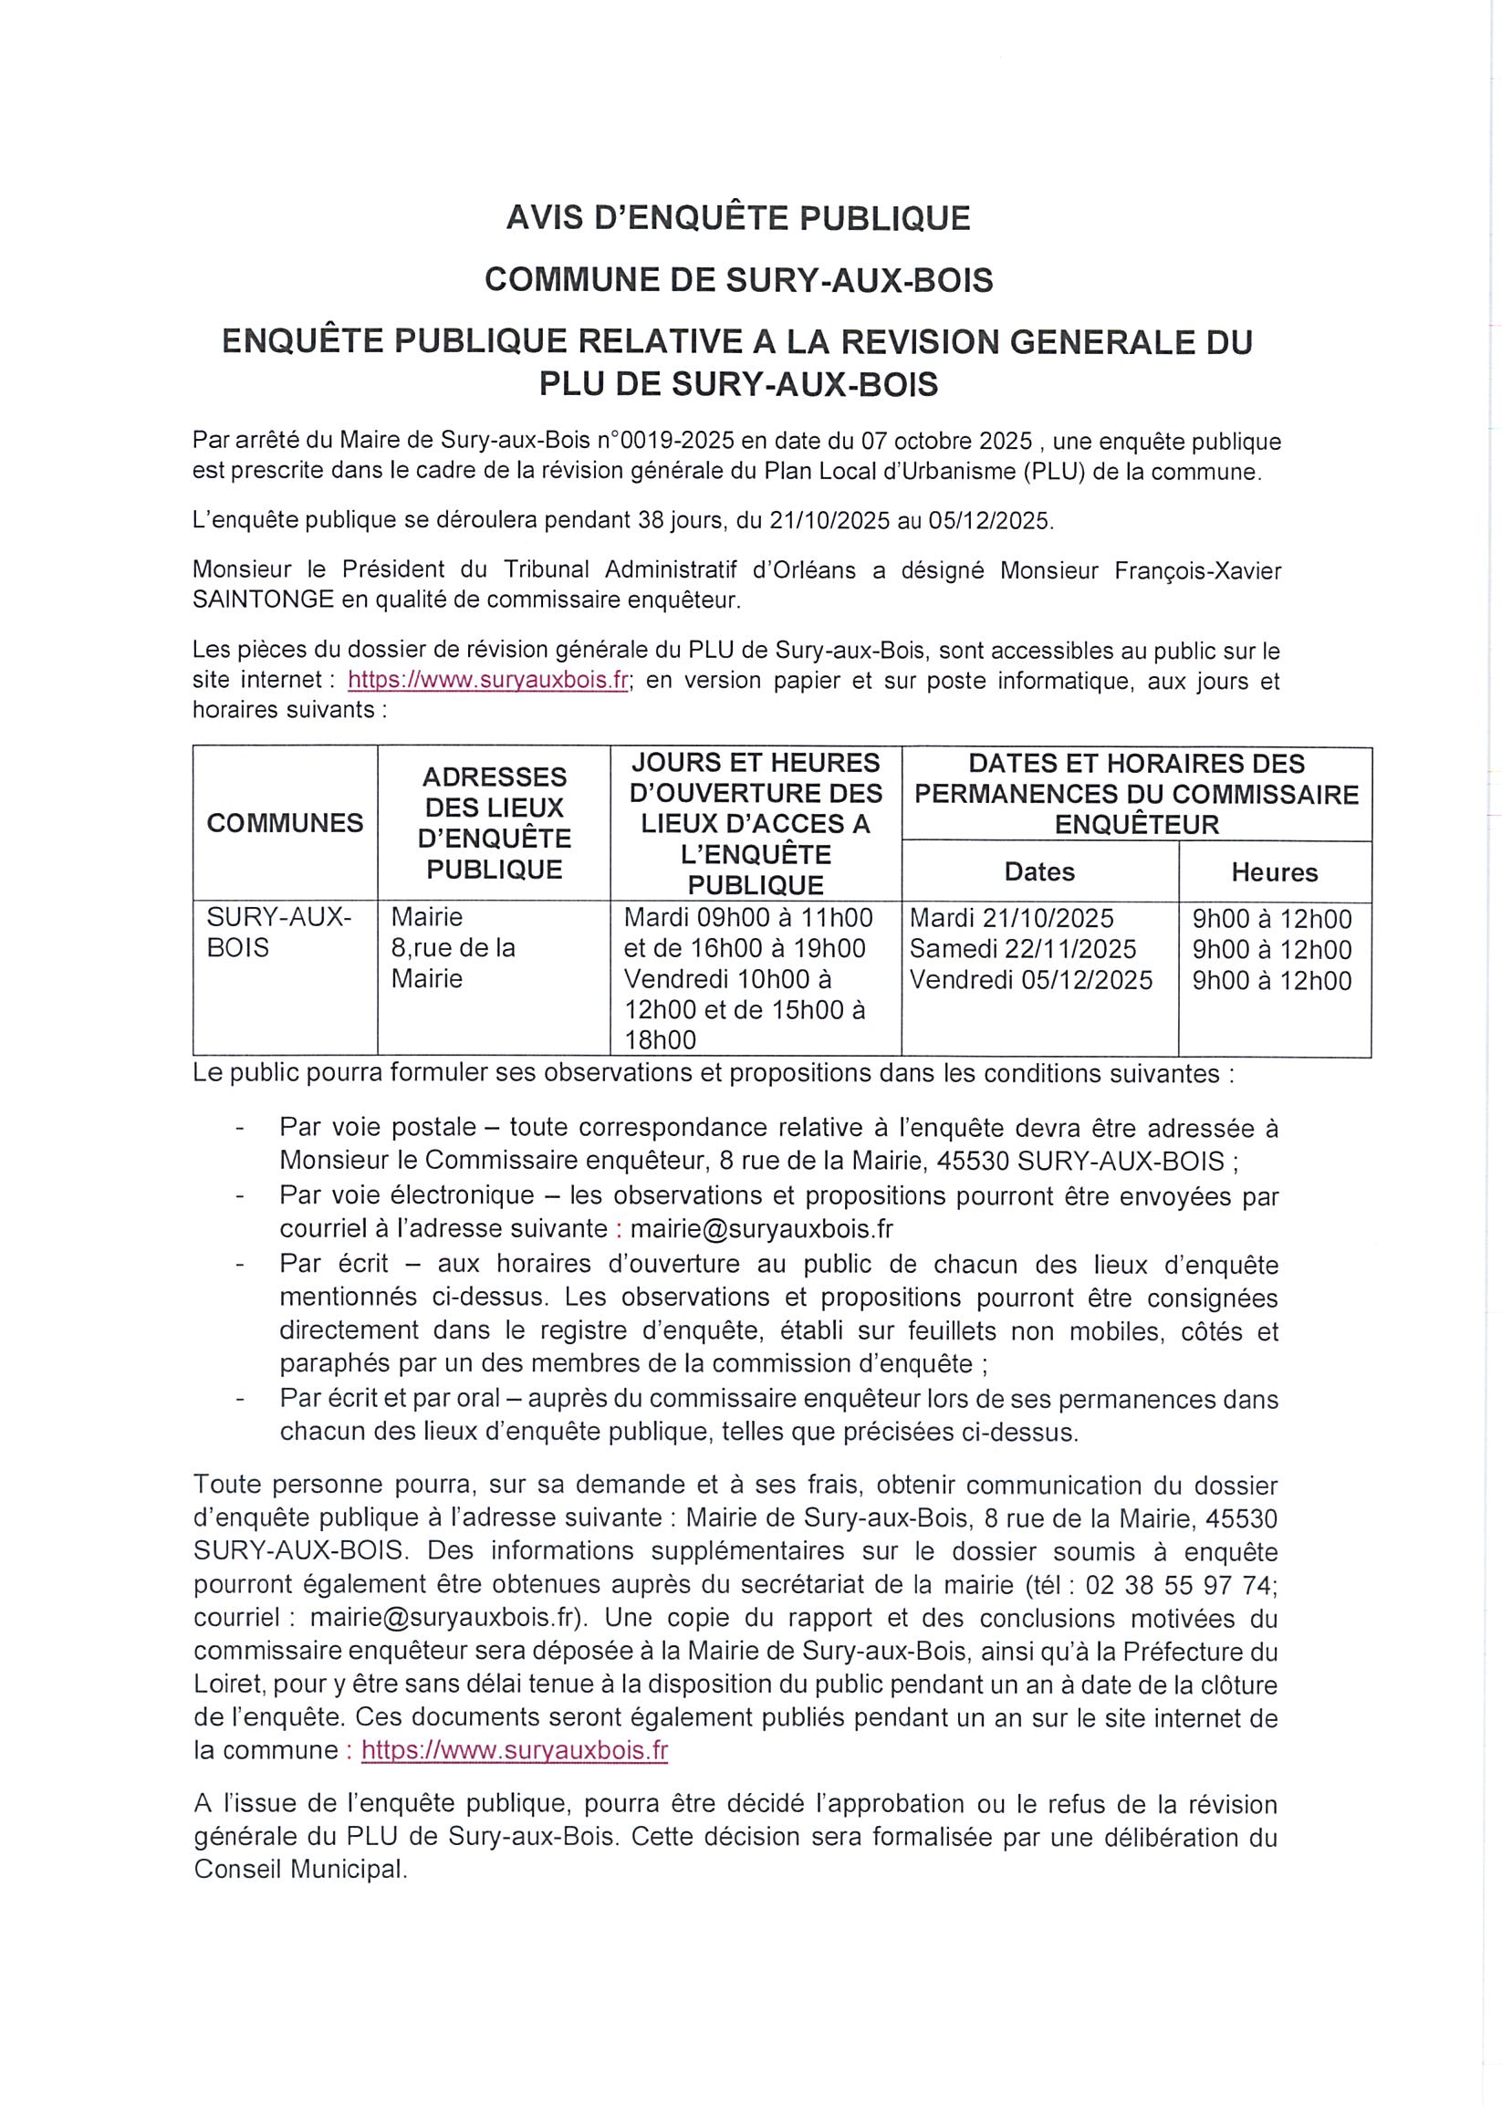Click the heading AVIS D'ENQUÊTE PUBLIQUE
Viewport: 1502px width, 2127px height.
coord(737,218)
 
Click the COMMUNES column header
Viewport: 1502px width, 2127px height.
coord(285,823)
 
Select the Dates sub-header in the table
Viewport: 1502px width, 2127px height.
coord(1038,871)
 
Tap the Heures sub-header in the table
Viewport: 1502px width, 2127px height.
coord(1274,871)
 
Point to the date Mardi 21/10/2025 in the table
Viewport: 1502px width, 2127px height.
coord(1011,918)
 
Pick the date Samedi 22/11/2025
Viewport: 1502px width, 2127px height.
coord(1022,949)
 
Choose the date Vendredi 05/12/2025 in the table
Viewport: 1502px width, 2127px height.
coord(1030,980)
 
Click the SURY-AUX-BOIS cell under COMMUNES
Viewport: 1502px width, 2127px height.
coord(278,932)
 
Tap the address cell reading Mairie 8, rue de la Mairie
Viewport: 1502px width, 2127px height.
coord(454,948)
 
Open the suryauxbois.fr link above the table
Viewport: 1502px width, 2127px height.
coord(488,680)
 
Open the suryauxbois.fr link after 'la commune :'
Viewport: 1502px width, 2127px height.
coord(515,1750)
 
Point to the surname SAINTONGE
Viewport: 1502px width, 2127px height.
coord(263,600)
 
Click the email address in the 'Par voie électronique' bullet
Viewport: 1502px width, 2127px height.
coord(761,1228)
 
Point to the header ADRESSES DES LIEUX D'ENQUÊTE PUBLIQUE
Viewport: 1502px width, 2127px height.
coord(494,823)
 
